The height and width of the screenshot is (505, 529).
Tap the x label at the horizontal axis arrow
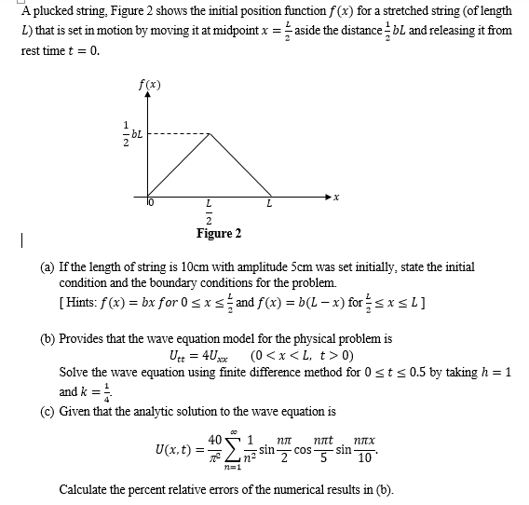click(x=336, y=198)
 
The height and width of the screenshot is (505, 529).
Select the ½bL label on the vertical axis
click(x=128, y=134)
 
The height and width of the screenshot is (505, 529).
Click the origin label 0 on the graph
click(x=158, y=202)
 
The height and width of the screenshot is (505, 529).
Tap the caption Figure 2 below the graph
click(x=219, y=233)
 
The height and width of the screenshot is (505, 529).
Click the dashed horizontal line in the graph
click(x=177, y=133)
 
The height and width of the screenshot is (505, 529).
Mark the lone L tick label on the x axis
click(x=268, y=202)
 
